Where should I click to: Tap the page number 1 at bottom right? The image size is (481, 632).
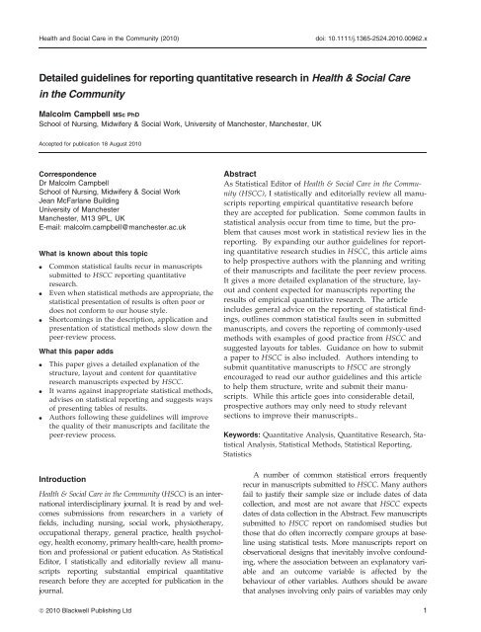(x=465, y=618)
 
